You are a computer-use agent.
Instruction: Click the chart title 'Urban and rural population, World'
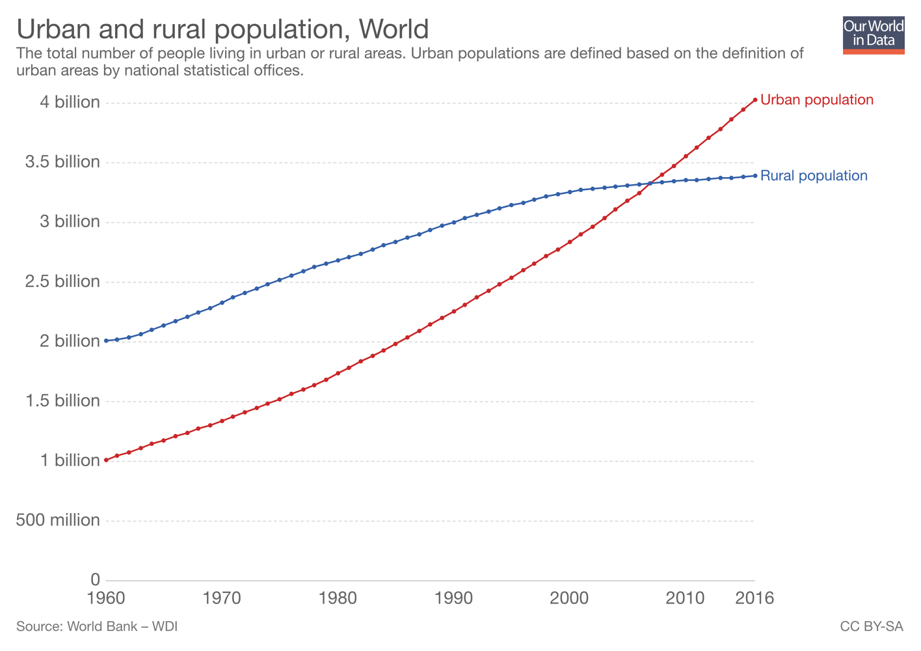click(222, 29)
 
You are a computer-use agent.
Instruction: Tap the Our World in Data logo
click(873, 35)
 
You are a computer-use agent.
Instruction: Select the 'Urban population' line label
click(816, 100)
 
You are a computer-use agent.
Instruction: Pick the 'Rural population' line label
click(813, 176)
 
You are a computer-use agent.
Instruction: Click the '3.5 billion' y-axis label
click(62, 162)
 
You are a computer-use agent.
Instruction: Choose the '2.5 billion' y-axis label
click(62, 281)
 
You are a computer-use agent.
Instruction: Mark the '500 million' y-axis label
click(58, 520)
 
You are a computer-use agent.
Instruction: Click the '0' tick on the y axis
click(95, 579)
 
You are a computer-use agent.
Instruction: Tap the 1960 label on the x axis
click(106, 598)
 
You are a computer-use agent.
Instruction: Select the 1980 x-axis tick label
click(338, 598)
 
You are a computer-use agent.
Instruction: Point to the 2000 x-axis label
click(569, 598)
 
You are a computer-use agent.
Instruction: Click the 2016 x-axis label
click(754, 598)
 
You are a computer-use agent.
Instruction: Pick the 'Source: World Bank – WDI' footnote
click(97, 626)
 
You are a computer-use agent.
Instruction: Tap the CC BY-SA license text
click(871, 626)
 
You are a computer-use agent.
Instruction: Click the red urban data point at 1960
click(106, 460)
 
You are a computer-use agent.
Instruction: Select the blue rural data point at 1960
click(106, 340)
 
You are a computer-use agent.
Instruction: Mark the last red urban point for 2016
click(754, 100)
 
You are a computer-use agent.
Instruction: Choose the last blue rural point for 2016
click(754, 176)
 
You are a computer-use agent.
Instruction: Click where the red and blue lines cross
click(650, 184)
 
